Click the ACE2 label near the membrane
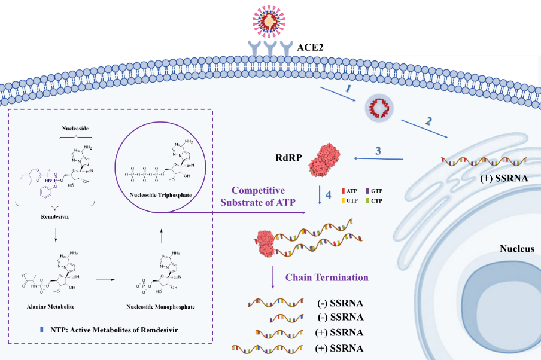tap(311, 46)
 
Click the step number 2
tap(428, 120)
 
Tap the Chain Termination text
tap(327, 277)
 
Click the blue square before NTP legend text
tap(40, 330)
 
